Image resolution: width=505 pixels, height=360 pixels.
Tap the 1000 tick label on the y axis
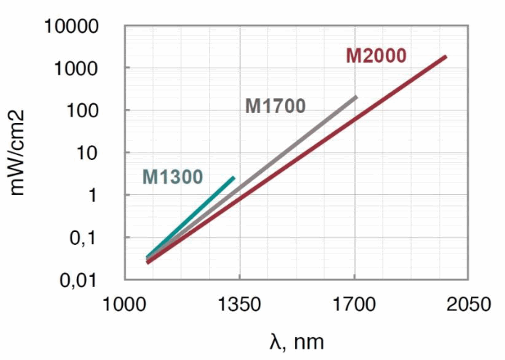(x=83, y=68)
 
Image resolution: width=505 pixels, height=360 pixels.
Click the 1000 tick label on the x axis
(x=124, y=305)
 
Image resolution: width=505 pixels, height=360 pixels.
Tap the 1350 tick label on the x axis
(x=240, y=305)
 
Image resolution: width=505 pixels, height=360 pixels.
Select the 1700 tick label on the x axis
(x=354, y=305)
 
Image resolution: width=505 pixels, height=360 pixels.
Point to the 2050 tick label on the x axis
(x=468, y=305)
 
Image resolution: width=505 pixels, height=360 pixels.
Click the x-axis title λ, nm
(x=297, y=342)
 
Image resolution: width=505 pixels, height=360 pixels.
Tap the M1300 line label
(x=172, y=176)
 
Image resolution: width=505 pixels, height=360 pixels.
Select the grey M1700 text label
(x=275, y=107)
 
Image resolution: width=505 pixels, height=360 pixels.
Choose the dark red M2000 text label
(x=376, y=55)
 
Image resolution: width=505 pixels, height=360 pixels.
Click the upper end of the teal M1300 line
(x=233, y=178)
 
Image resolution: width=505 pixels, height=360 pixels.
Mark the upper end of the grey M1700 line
(x=356, y=97)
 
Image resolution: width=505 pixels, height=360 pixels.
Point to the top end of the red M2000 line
(x=445, y=56)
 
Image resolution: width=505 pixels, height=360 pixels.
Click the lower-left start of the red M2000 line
(x=148, y=262)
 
